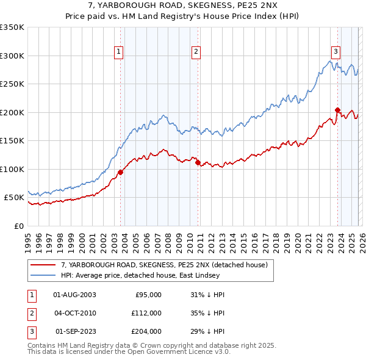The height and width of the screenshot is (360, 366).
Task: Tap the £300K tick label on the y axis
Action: point(12,56)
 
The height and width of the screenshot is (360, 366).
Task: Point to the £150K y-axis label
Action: point(12,140)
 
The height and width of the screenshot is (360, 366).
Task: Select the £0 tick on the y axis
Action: point(18,226)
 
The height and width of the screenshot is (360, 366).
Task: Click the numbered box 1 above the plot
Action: point(118,52)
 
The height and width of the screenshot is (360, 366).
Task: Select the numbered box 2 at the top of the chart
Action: point(196,52)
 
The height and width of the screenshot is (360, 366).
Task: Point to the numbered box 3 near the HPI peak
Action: point(335,52)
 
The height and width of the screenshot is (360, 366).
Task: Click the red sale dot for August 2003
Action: point(120,172)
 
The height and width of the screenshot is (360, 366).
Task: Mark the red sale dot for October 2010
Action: point(198,162)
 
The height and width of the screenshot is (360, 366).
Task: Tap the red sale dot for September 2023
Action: point(337,110)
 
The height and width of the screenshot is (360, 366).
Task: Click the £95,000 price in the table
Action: point(147,295)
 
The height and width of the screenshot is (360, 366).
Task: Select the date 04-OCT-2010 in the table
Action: point(74,313)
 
